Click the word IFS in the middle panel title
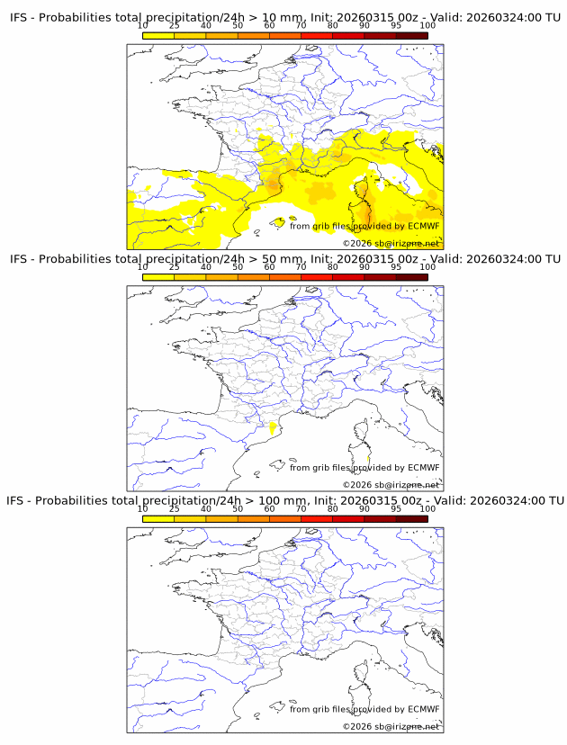tap(21, 259)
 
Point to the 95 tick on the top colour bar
tap(396, 26)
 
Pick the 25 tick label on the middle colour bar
tap(174, 267)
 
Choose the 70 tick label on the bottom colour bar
tap(301, 508)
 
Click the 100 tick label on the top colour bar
tap(427, 26)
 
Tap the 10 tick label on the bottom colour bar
tap(142, 508)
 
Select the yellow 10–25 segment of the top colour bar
tap(157, 36)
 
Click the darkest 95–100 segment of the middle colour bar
tap(411, 277)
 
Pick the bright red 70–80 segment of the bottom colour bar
tap(316, 518)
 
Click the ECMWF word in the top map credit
tap(423, 226)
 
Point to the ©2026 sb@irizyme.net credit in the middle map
tap(391, 484)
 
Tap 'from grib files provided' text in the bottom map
tap(334, 709)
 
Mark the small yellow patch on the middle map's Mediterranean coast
tap(272, 430)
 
